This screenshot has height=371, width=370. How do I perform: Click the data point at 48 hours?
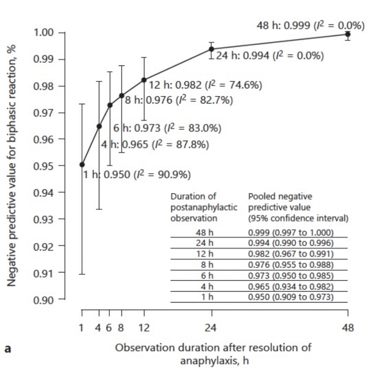(x=348, y=34)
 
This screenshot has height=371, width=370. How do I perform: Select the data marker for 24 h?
(x=212, y=49)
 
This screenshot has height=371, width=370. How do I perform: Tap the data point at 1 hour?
(x=82, y=164)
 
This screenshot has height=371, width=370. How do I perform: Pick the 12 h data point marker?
(x=144, y=80)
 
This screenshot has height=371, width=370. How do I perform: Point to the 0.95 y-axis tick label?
(x=45, y=166)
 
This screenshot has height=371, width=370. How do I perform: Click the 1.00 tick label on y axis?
(x=45, y=33)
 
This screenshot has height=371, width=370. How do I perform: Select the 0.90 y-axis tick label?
(x=45, y=299)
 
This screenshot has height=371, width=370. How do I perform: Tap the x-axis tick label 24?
(x=211, y=328)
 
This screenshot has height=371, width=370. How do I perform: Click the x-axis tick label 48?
(x=348, y=328)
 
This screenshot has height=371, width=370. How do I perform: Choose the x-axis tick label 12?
(x=144, y=328)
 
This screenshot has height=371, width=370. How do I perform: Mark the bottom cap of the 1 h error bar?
(x=82, y=274)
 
